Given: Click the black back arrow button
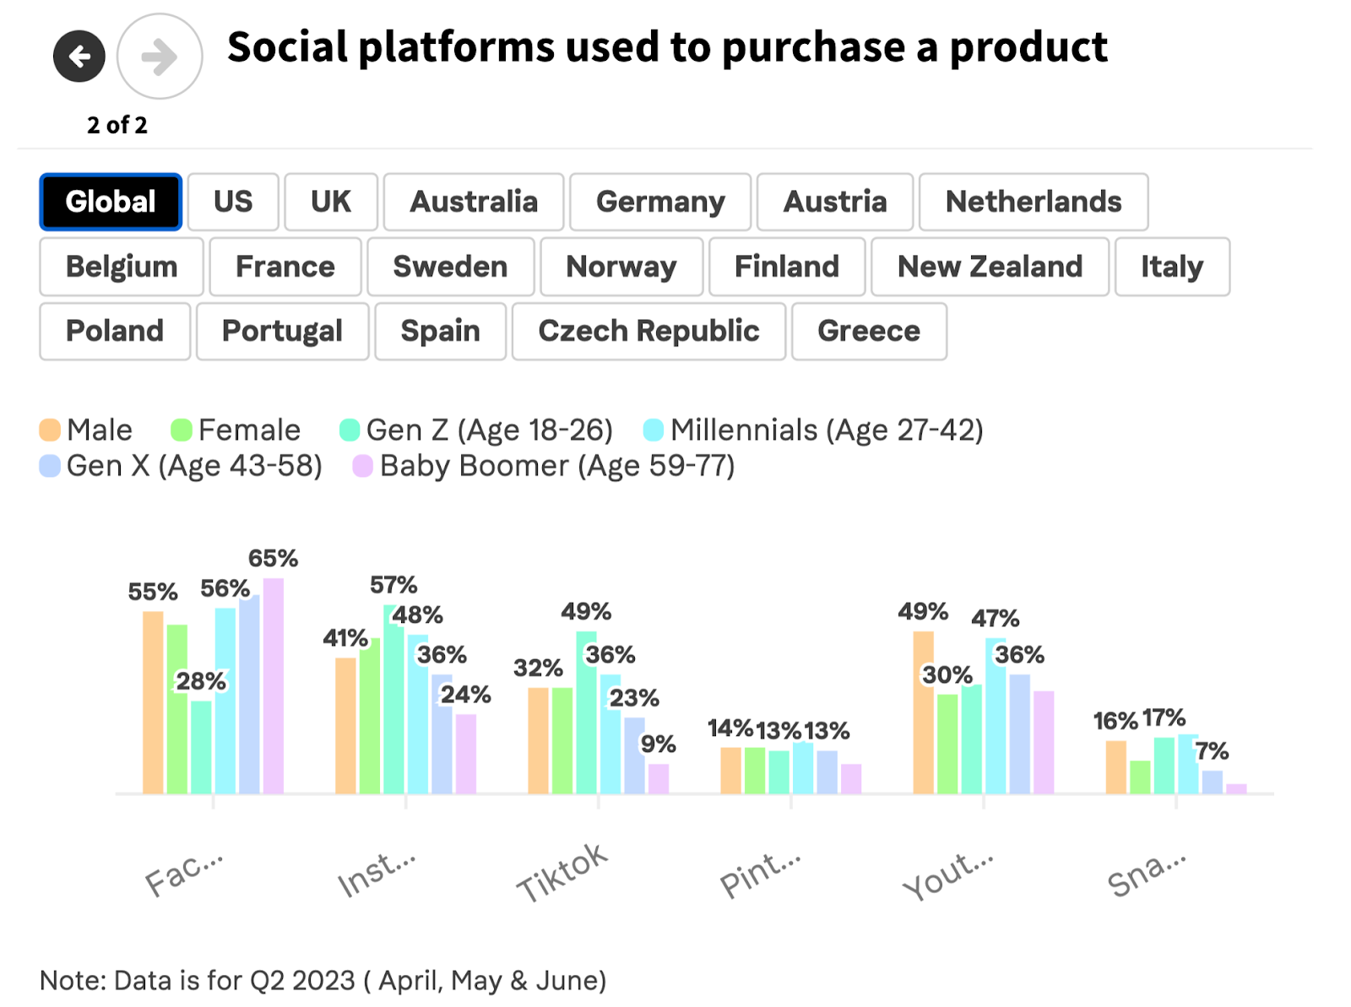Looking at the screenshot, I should (79, 57).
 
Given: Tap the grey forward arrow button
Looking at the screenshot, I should (159, 57).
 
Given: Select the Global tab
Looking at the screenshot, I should (111, 202).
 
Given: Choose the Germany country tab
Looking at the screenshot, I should (659, 202).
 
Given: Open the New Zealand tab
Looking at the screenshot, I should (989, 267).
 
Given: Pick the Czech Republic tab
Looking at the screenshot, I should (648, 331).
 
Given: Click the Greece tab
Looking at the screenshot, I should (868, 331).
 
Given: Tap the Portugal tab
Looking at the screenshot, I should (282, 331).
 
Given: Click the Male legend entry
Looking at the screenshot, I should (86, 430).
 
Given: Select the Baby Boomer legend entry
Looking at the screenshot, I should (544, 466).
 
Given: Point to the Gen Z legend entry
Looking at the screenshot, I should (476, 430).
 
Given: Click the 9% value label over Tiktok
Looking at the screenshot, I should (658, 744).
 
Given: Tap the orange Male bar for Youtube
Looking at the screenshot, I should (923, 713).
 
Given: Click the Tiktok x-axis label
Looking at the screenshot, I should (562, 873).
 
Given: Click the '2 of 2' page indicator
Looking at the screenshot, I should (117, 125).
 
